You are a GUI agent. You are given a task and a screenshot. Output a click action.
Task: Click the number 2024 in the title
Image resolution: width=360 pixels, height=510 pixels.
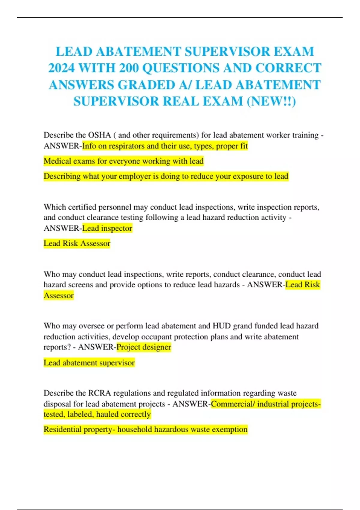click(61, 68)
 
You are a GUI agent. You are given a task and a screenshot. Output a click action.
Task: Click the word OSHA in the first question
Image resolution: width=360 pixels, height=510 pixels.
click(99, 135)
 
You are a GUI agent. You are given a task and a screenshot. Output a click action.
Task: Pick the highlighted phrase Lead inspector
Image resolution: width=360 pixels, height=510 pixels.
click(107, 228)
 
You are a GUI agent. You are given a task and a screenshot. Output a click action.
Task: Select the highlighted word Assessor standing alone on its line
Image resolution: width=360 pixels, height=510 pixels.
click(58, 295)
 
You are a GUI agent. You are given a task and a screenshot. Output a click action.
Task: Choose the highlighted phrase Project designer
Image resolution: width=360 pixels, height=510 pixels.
click(144, 347)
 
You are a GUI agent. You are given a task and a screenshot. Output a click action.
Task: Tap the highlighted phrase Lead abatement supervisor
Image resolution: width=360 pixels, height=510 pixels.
click(89, 363)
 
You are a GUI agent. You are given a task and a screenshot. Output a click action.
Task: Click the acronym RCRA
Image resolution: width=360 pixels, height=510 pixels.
click(99, 393)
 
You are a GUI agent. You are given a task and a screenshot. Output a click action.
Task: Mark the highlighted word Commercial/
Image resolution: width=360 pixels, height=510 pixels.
click(233, 404)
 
